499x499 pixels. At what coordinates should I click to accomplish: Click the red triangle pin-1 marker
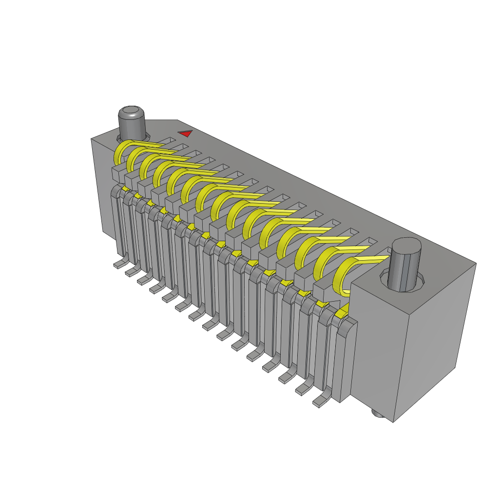(185, 133)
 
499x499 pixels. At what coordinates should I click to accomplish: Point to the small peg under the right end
(377, 414)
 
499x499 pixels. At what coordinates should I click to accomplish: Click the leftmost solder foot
(119, 264)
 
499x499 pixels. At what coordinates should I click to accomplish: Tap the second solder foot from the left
(131, 272)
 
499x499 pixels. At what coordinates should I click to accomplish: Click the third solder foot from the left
(144, 280)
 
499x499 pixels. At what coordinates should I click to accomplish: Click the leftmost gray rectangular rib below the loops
(118, 172)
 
